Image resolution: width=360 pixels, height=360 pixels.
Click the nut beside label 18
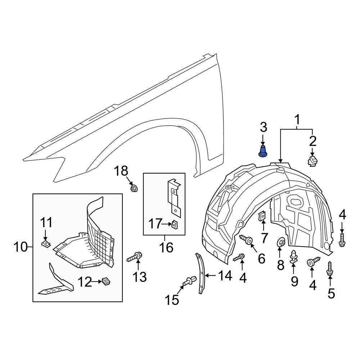click(134, 188)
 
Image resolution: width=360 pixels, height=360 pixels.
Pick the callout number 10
click(21, 247)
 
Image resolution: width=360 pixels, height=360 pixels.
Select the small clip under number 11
click(45, 244)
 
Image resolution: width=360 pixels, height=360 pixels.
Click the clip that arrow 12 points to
click(105, 281)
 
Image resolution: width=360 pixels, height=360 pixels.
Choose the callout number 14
click(225, 276)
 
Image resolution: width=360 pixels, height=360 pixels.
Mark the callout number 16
click(164, 247)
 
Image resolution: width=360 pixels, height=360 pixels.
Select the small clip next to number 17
click(174, 225)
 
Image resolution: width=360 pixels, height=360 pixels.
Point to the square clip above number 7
click(262, 216)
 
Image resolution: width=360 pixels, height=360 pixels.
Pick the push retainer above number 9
click(293, 256)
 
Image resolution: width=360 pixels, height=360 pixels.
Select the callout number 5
click(331, 293)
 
